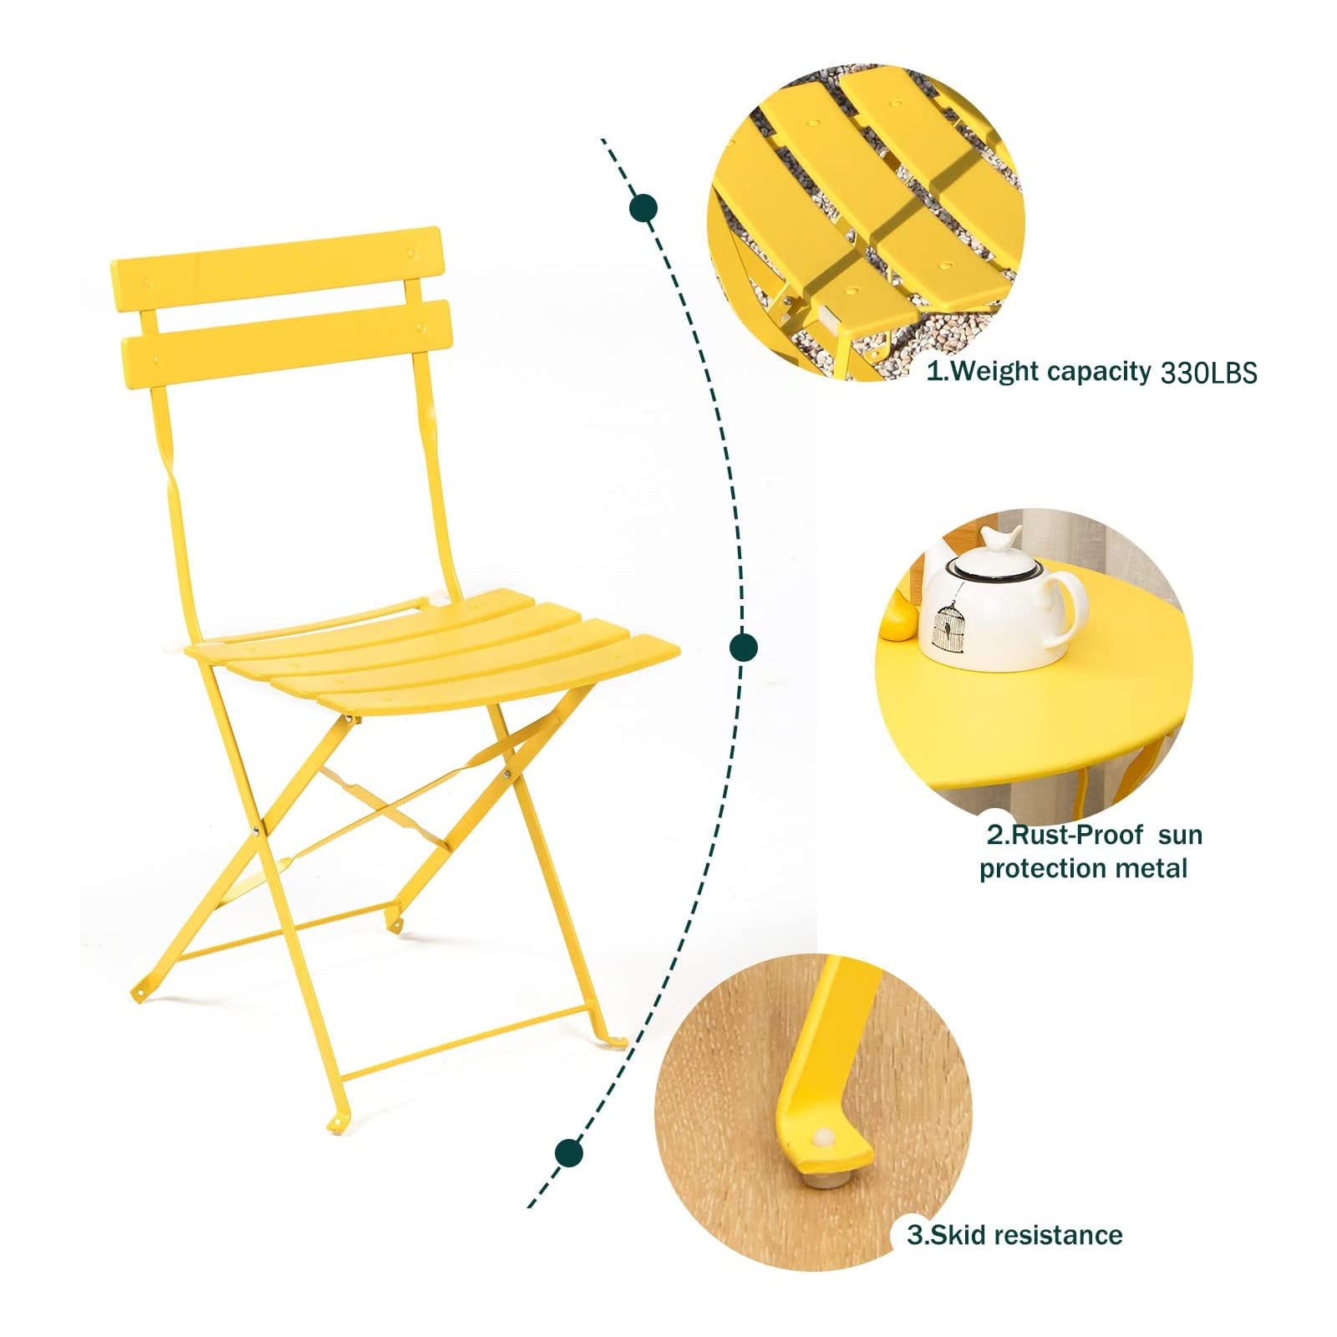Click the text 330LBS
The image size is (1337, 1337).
pyautogui.click(x=1208, y=373)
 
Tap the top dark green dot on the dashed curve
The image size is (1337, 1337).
pyautogui.click(x=643, y=208)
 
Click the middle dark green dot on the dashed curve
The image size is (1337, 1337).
pyautogui.click(x=743, y=646)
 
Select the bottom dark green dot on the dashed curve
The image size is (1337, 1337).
pyautogui.click(x=569, y=1151)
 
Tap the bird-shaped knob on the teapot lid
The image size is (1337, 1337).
pyautogui.click(x=1001, y=540)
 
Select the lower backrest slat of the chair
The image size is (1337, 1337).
pyautogui.click(x=287, y=344)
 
